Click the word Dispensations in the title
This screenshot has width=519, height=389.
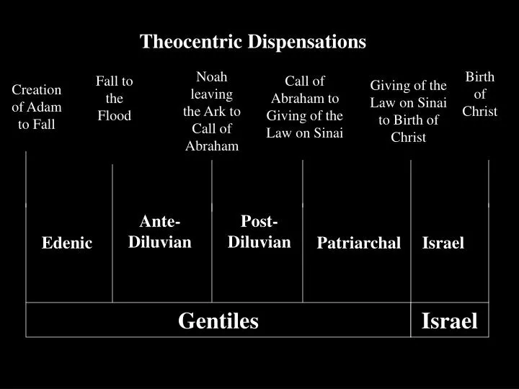(x=307, y=42)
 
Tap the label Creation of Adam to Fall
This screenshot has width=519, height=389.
(x=37, y=107)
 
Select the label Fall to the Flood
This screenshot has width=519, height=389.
(x=115, y=98)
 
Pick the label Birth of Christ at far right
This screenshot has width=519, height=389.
(x=480, y=94)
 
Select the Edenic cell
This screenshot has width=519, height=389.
(x=67, y=243)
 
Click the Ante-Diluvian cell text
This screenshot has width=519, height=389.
(x=160, y=231)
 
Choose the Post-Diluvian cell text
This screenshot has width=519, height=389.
(x=259, y=231)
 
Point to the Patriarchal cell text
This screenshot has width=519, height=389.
(x=358, y=243)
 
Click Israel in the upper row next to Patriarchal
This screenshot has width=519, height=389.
(x=443, y=243)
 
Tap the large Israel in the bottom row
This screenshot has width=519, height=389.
(x=449, y=321)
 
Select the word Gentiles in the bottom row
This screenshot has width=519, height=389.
(x=218, y=321)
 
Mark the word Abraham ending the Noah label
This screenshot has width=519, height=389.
(x=211, y=146)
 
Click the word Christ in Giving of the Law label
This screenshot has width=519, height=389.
(x=409, y=137)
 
